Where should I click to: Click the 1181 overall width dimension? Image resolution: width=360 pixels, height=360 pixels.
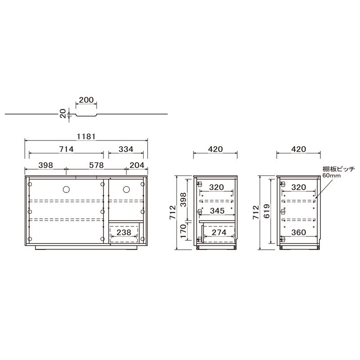coord(86,137)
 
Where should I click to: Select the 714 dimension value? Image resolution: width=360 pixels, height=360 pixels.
coord(66,149)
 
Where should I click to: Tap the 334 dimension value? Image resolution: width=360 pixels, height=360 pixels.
coord(126,149)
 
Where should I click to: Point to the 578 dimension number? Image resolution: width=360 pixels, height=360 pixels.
coord(96,165)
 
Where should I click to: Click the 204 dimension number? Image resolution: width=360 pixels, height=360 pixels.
coord(137,165)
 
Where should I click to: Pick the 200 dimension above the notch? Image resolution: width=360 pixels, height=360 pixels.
coord(86,100)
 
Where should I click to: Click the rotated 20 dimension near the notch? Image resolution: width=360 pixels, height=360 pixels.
coord(63,113)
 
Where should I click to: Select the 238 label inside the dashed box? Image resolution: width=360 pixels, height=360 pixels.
coord(124,232)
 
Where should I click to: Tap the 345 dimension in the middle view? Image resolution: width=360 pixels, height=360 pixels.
coord(217,211)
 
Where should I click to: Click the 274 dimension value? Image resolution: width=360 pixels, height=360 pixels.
coord(219,232)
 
